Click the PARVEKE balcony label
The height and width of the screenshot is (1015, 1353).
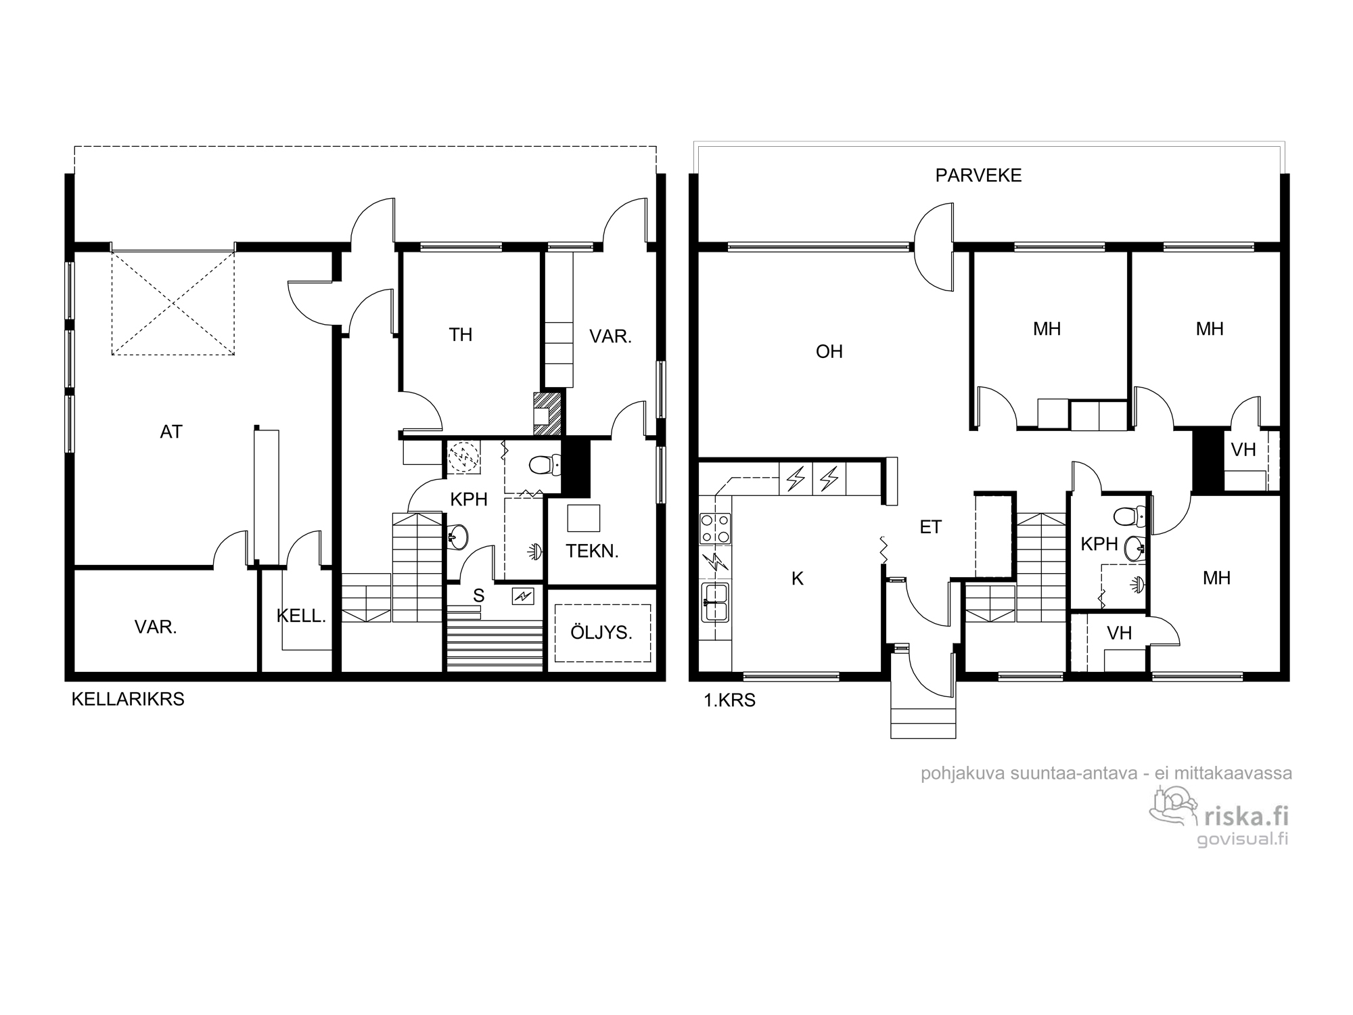tap(978, 175)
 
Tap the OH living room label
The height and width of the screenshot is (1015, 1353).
tap(829, 352)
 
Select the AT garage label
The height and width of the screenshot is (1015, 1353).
tap(171, 432)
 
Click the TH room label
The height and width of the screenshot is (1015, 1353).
tap(461, 334)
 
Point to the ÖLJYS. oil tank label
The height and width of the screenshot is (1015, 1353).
tap(601, 633)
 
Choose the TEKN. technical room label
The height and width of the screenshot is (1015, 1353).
tap(593, 551)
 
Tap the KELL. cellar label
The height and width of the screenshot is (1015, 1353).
tap(302, 616)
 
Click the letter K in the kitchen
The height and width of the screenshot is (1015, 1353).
tap(798, 579)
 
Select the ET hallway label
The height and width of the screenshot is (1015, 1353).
tap(931, 527)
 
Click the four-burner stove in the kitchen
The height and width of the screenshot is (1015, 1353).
tap(716, 528)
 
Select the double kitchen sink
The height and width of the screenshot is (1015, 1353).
tap(715, 602)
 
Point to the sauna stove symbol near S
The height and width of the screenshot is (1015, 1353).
tap(524, 596)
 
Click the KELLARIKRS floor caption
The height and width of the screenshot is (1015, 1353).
tap(128, 700)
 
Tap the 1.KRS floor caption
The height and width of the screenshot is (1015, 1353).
tap(730, 700)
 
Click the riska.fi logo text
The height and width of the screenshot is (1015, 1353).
tap(1246, 817)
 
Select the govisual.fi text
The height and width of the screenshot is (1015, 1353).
tap(1242, 839)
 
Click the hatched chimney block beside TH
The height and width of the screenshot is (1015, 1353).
tap(548, 414)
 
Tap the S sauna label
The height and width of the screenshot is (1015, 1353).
tap(479, 595)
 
